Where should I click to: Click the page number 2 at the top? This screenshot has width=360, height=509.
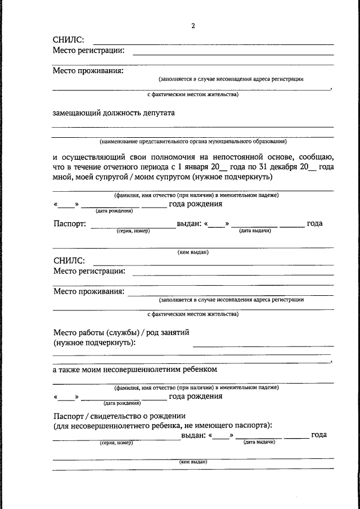193,26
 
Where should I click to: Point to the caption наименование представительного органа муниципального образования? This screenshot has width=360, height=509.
193,142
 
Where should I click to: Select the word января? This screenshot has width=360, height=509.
195,167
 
